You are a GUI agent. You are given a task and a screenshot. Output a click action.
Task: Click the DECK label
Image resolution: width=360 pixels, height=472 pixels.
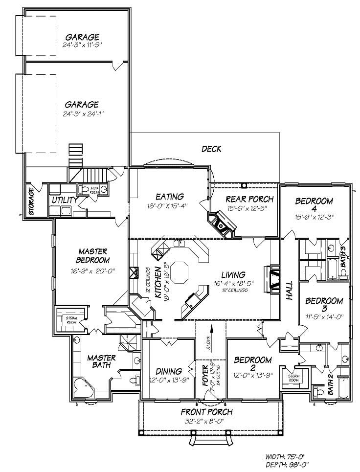tap(212, 149)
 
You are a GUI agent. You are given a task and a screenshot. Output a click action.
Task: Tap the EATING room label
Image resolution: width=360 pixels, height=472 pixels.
tap(169, 197)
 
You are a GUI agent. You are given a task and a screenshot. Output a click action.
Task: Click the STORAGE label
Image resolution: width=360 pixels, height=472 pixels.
tap(31, 201)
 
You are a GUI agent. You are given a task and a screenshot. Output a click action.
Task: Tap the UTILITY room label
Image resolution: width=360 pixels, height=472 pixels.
tap(65, 200)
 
